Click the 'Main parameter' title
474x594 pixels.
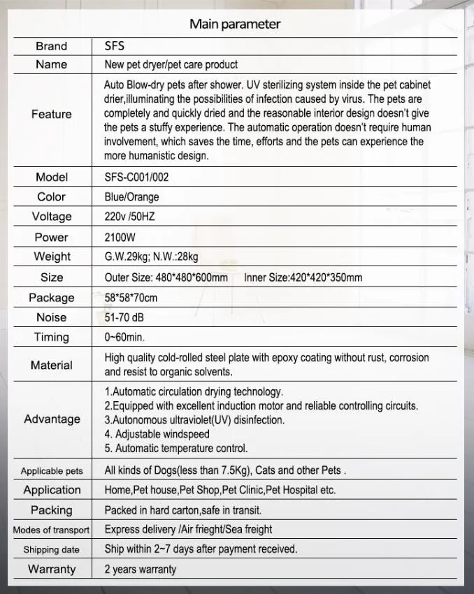pos(235,24)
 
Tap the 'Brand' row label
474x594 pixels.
pos(52,46)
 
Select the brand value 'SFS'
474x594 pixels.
pos(114,46)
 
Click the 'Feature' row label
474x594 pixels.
pos(52,114)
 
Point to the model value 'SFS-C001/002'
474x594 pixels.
pos(136,177)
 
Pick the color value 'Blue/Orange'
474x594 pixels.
pos(131,197)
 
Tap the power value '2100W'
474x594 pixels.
pos(120,237)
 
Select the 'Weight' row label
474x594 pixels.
pos(52,257)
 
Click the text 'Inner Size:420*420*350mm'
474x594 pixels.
pos(303,277)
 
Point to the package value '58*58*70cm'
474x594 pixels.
pos(131,298)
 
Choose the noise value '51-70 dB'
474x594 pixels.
pos(125,317)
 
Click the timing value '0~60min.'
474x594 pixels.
pos(124,338)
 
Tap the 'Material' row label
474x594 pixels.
pos(52,365)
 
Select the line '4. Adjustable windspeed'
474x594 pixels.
pos(157,434)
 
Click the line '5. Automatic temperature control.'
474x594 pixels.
pos(176,449)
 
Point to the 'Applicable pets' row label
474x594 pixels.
pos(52,471)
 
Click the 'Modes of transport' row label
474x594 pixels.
pos(52,530)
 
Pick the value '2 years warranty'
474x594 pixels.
pos(141,570)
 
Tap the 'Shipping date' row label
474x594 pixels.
pos(52,550)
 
